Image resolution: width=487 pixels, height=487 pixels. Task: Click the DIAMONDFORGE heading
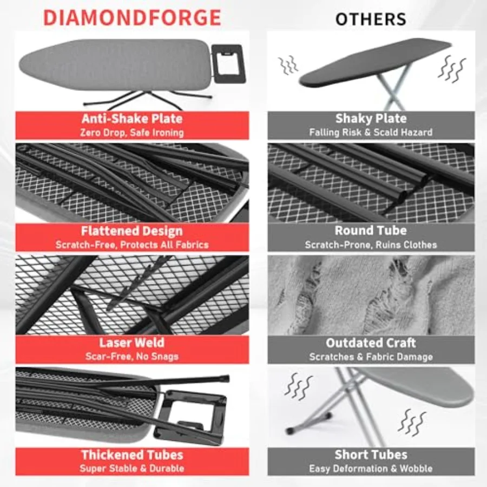pyautogui.click(x=131, y=17)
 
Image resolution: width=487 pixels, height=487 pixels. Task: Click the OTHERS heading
pyautogui.click(x=371, y=18)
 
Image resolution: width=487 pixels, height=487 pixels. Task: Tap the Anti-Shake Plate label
pyautogui.click(x=131, y=119)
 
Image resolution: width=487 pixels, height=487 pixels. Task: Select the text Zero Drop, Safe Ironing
pyautogui.click(x=131, y=133)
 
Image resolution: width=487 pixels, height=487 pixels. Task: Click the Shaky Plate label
pyautogui.click(x=371, y=119)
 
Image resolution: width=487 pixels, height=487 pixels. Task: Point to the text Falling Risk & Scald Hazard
pyautogui.click(x=371, y=133)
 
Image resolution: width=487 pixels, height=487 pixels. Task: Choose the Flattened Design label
pyautogui.click(x=131, y=231)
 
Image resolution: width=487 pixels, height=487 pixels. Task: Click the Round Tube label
pyautogui.click(x=371, y=231)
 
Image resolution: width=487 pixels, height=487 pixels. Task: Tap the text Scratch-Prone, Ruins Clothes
pyautogui.click(x=371, y=245)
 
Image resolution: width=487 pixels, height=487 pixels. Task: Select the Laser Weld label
pyautogui.click(x=131, y=343)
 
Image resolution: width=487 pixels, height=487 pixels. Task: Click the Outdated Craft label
pyautogui.click(x=371, y=343)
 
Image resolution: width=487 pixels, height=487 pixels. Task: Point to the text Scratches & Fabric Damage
pyautogui.click(x=371, y=357)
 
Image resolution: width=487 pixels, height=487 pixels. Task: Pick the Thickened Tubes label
pyautogui.click(x=131, y=455)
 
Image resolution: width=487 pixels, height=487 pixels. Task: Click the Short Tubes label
pyautogui.click(x=371, y=455)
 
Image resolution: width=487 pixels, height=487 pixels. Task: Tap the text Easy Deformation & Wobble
pyautogui.click(x=371, y=469)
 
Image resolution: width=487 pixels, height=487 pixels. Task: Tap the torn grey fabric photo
pyautogui.click(x=371, y=295)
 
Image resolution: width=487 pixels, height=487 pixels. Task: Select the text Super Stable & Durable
pyautogui.click(x=131, y=469)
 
